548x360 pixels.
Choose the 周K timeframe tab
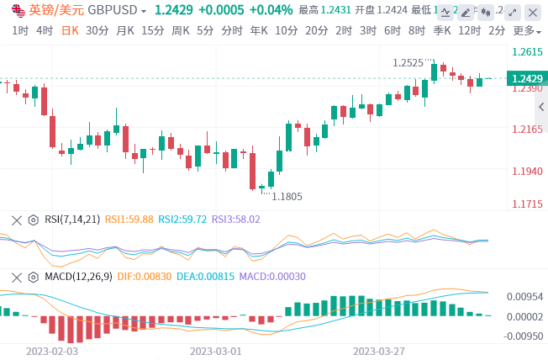(x=180, y=30)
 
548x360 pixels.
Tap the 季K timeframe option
(x=442, y=30)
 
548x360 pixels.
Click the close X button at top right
(x=533, y=11)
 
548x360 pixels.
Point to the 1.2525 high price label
(x=408, y=62)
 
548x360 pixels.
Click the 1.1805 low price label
(x=287, y=196)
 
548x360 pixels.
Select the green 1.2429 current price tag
(x=525, y=78)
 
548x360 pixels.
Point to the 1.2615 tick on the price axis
(x=527, y=51)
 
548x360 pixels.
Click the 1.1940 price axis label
(x=527, y=171)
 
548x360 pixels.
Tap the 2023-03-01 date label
(x=215, y=350)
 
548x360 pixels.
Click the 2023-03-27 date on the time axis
(x=379, y=350)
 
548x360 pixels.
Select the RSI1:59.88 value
(x=129, y=219)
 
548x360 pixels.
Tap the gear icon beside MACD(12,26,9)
(x=34, y=276)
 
